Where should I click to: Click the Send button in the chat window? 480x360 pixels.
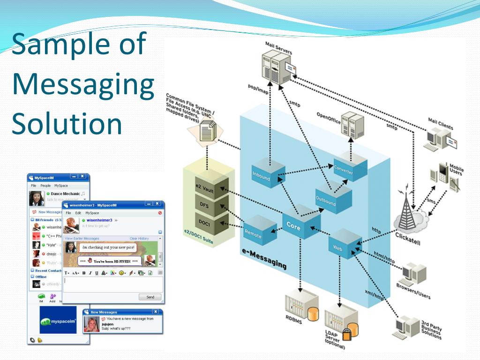pyautogui.click(x=150, y=297)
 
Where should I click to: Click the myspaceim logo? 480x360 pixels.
pyautogui.click(x=58, y=321)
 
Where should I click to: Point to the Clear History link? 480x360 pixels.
pyautogui.click(x=139, y=239)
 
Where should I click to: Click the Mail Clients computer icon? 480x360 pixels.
pyautogui.click(x=438, y=139)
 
